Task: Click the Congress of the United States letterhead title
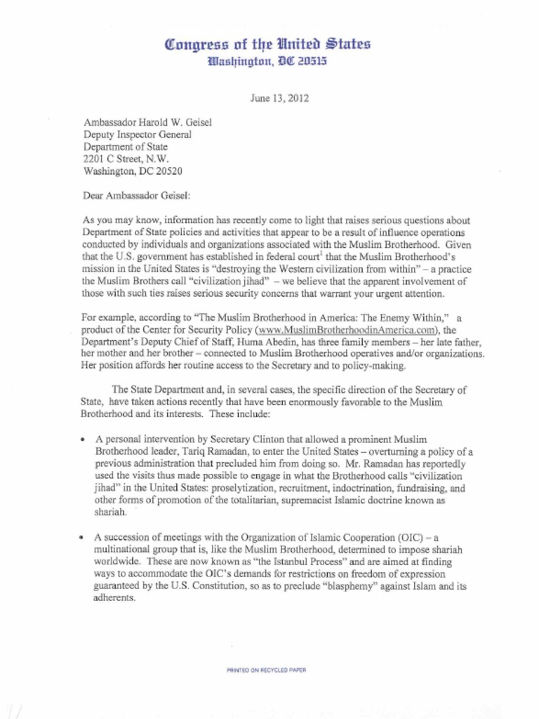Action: click(x=267, y=46)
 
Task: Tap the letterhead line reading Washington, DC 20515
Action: click(x=267, y=62)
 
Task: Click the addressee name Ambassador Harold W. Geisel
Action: click(x=147, y=122)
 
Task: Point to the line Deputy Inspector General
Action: click(x=137, y=135)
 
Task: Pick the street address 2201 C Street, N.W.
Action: click(x=126, y=159)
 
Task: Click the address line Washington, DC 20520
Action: click(x=133, y=171)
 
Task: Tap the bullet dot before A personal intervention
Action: click(x=84, y=440)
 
